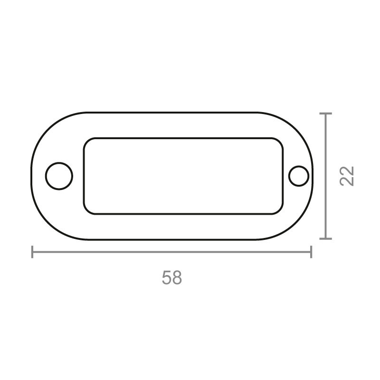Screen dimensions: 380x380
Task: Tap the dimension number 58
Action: pyautogui.click(x=172, y=277)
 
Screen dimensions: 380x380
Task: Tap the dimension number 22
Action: pyautogui.click(x=347, y=176)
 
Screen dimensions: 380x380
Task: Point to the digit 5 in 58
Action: pyautogui.click(x=167, y=277)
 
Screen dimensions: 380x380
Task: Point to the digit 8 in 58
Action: pyautogui.click(x=177, y=277)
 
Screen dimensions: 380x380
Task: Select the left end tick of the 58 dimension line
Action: pyautogui.click(x=32, y=252)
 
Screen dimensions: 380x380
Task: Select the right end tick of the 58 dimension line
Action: pyautogui.click(x=311, y=252)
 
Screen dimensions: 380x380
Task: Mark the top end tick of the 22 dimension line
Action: pyautogui.click(x=325, y=114)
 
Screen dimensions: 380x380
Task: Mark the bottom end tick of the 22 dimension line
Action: pyautogui.click(x=325, y=239)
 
